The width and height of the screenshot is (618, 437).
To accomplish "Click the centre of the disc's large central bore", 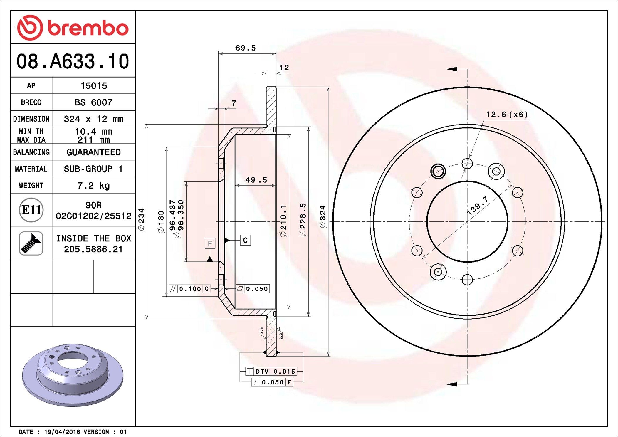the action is [x=467, y=221].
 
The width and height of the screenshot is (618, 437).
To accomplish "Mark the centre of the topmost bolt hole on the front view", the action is [x=467, y=163].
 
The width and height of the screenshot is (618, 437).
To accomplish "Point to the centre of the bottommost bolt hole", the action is [x=467, y=280].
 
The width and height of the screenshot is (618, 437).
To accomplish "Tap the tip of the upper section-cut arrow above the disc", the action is [x=447, y=69].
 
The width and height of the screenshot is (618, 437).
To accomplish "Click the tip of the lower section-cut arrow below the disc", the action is [x=447, y=384].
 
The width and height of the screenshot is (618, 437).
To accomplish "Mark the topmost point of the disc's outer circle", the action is [x=467, y=87].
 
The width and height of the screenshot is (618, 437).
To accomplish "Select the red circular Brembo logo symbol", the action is [x=30, y=28].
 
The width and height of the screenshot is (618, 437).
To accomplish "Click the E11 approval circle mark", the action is [x=31, y=210].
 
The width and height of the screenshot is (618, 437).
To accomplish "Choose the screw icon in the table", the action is [x=31, y=243].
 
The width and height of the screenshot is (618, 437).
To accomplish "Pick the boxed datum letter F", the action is [x=210, y=243].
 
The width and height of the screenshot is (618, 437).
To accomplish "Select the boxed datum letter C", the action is [x=245, y=240].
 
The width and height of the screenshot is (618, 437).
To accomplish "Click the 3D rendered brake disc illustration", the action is [x=73, y=375].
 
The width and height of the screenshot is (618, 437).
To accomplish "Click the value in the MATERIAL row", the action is [x=93, y=169].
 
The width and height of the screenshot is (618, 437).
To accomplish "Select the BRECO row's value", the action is [x=93, y=102].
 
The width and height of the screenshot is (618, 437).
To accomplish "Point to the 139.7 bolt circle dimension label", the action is [x=478, y=206].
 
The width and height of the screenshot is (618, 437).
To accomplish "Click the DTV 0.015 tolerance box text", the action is [x=275, y=372].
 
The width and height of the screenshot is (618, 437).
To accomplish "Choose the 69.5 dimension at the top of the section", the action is [x=246, y=48].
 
